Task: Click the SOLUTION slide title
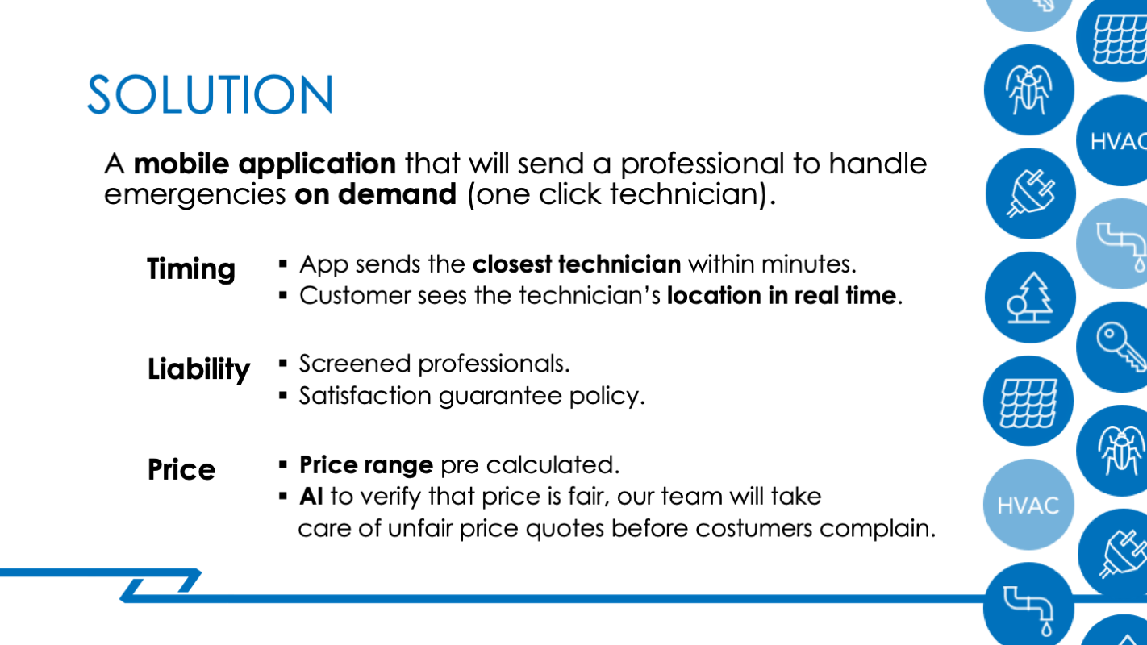[211, 94]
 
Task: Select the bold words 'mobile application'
[265, 164]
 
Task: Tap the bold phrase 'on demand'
[375, 194]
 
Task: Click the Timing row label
[191, 269]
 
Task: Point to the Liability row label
[198, 369]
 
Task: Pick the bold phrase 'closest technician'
[577, 264]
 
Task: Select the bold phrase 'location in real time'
[782, 295]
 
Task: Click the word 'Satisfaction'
[365, 396]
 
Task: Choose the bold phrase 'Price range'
[366, 466]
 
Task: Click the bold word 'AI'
[311, 496]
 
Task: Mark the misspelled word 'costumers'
[753, 528]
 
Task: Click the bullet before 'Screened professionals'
[283, 364]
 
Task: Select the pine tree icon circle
[1030, 297]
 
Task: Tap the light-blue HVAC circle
[1028, 505]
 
